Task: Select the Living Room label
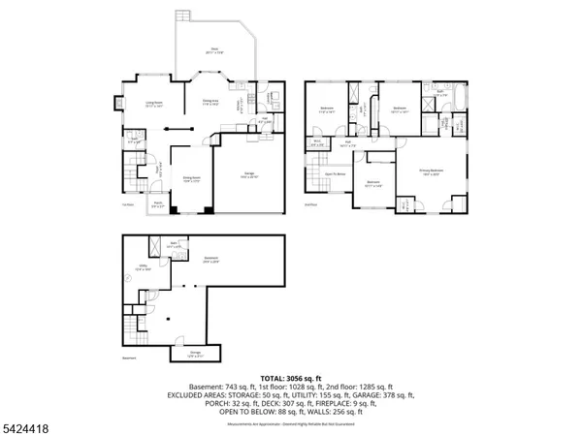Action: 152,105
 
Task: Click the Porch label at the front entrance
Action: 158,205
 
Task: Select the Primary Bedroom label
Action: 430,172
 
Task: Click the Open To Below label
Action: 336,174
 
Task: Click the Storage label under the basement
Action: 194,352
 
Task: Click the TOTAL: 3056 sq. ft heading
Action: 291,377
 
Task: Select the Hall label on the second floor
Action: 345,144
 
